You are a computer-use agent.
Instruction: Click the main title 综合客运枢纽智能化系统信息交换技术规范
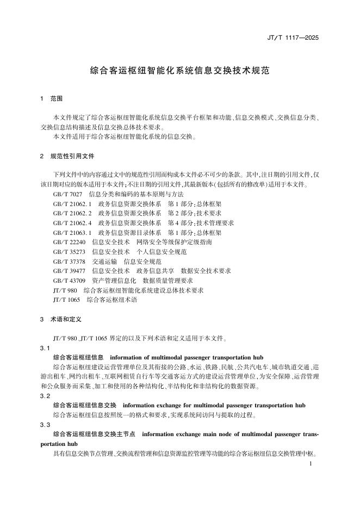[179, 71]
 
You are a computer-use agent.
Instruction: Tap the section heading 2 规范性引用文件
[67, 156]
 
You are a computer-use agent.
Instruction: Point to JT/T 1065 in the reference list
[66, 300]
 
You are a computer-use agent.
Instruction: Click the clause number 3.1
[45, 347]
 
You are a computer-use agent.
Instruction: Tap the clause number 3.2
[45, 396]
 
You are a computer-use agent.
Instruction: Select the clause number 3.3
[45, 424]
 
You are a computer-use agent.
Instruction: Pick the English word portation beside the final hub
[55, 444]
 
